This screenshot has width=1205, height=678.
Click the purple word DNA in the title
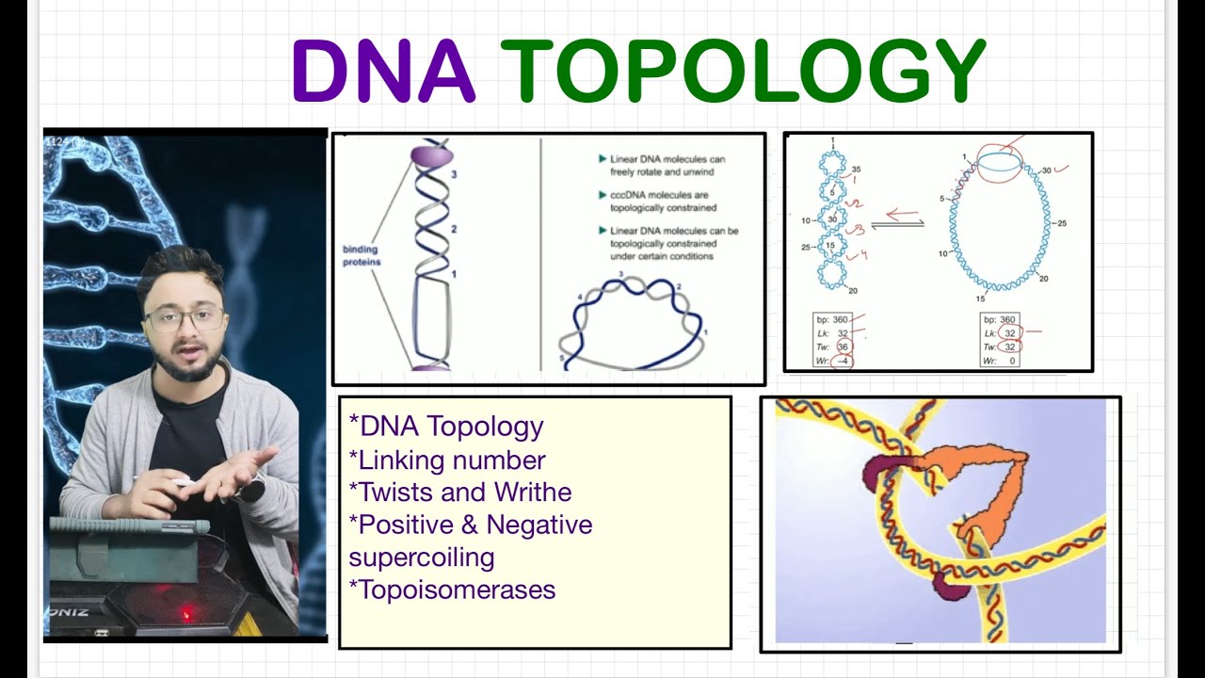click(382, 72)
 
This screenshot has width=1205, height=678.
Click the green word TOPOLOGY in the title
click(743, 72)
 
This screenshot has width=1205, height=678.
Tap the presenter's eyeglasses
click(185, 319)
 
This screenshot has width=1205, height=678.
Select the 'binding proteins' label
click(361, 255)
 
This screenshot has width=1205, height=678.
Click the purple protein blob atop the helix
click(432, 154)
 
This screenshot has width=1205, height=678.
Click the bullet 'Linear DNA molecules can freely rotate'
click(667, 166)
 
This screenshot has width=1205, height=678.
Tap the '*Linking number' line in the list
click(447, 460)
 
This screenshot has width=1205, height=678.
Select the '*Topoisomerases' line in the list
click(452, 589)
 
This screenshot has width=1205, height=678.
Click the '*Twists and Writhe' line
click(459, 492)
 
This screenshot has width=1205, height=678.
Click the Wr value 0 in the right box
click(1012, 361)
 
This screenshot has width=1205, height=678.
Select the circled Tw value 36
click(843, 347)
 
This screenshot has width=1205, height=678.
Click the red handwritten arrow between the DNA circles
click(902, 215)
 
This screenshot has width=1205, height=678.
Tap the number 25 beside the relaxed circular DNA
click(1062, 223)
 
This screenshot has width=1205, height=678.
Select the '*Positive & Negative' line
click(471, 525)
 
